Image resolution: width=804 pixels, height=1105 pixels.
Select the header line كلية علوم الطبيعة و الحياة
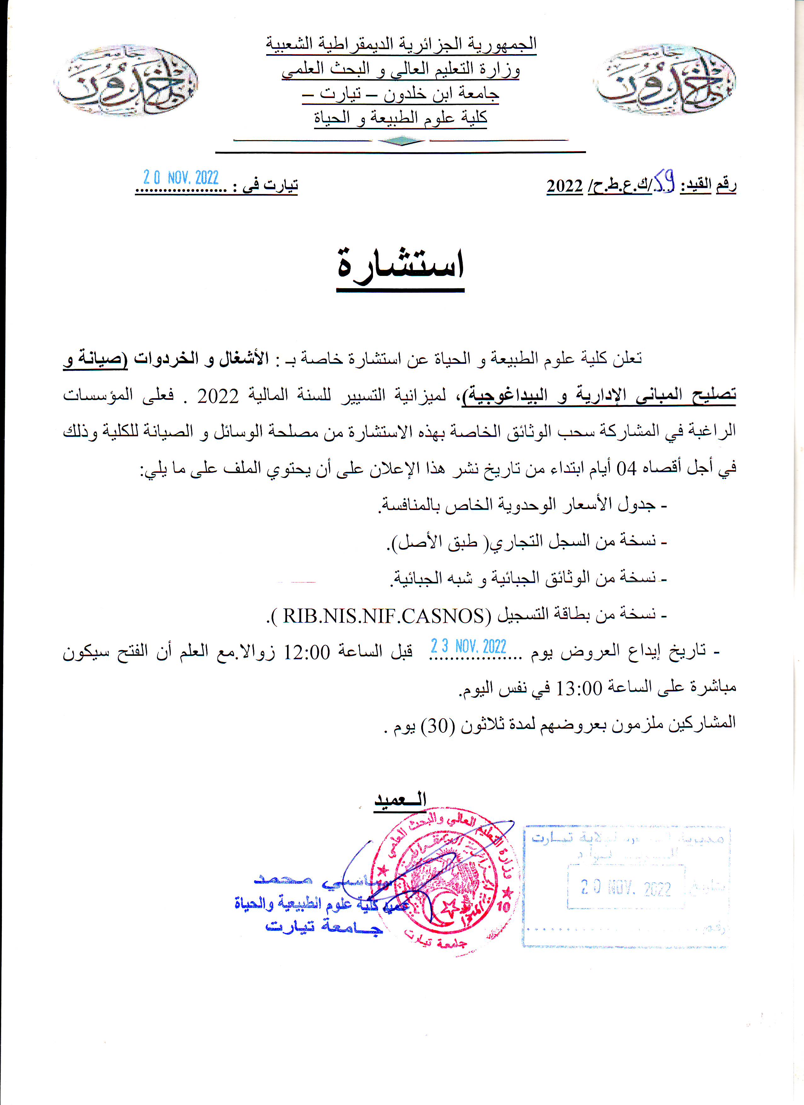[400, 117]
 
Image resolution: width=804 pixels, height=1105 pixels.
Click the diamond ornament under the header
[401, 141]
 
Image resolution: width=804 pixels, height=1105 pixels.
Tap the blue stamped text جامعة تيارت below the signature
[324, 927]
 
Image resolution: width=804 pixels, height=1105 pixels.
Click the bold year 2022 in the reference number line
[565, 186]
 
